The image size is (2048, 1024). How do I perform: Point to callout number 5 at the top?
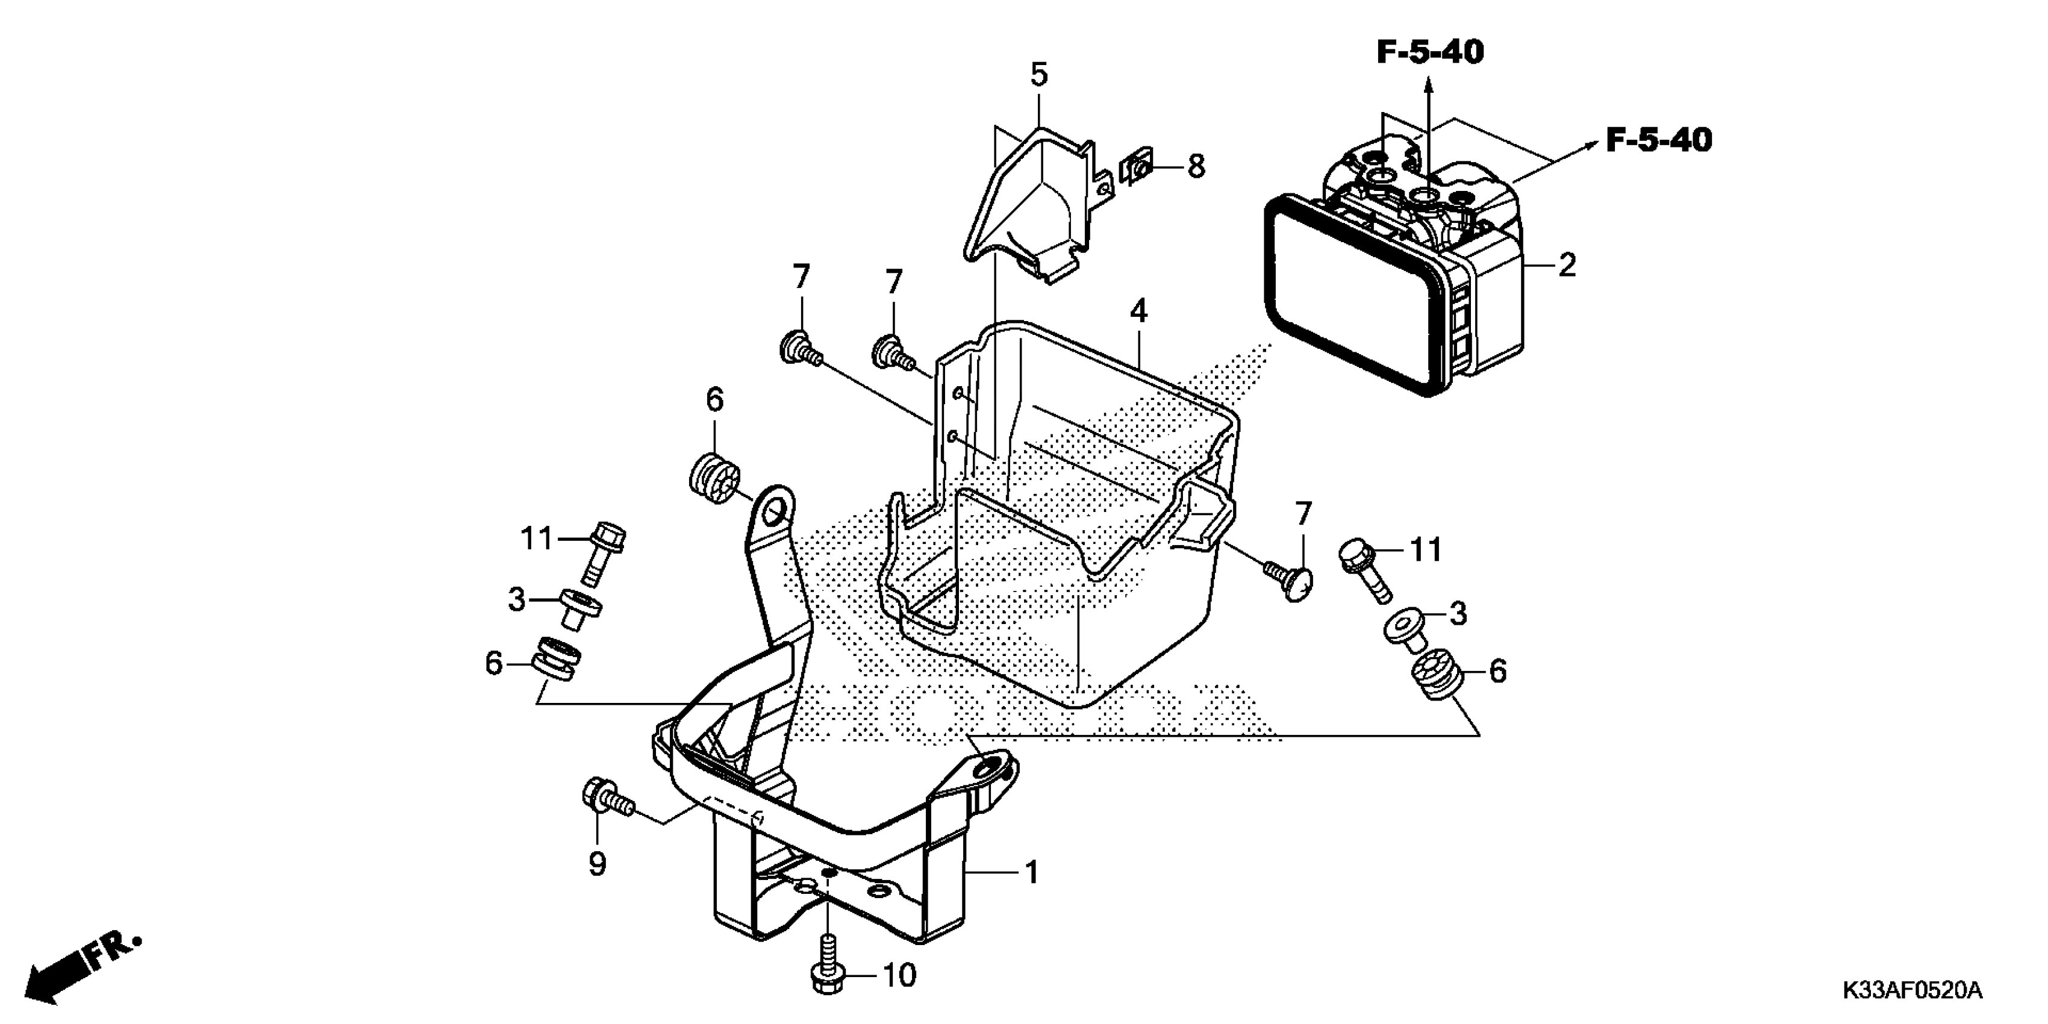[x=1038, y=75]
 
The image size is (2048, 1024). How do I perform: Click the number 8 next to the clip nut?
[x=1196, y=167]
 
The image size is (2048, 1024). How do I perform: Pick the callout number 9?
[x=597, y=863]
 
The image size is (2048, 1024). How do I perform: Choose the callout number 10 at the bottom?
[x=899, y=975]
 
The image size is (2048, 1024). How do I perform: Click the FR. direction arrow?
[x=80, y=970]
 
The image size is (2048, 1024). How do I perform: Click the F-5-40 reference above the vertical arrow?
[x=1430, y=52]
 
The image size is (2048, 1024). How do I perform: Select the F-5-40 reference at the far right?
[x=1658, y=141]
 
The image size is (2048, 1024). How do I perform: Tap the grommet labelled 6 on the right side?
[x=1436, y=675]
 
